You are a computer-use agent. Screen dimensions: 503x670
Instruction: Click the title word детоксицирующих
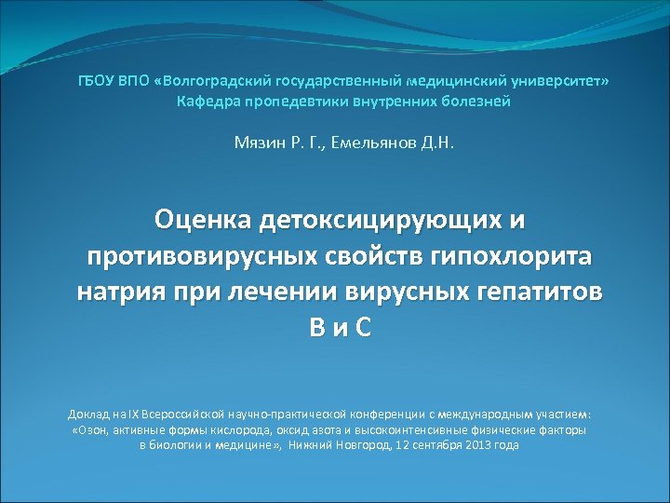[381, 221]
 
